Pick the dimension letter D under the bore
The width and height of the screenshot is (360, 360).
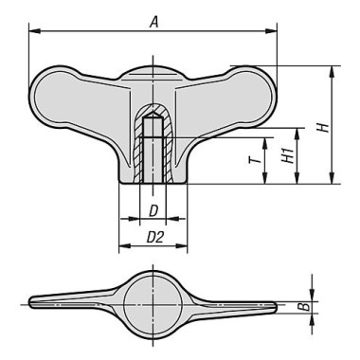(153, 210)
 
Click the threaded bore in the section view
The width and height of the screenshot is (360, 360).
(153, 156)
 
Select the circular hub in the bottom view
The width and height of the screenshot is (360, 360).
(153, 303)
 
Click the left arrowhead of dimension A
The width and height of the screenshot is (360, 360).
(34, 31)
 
